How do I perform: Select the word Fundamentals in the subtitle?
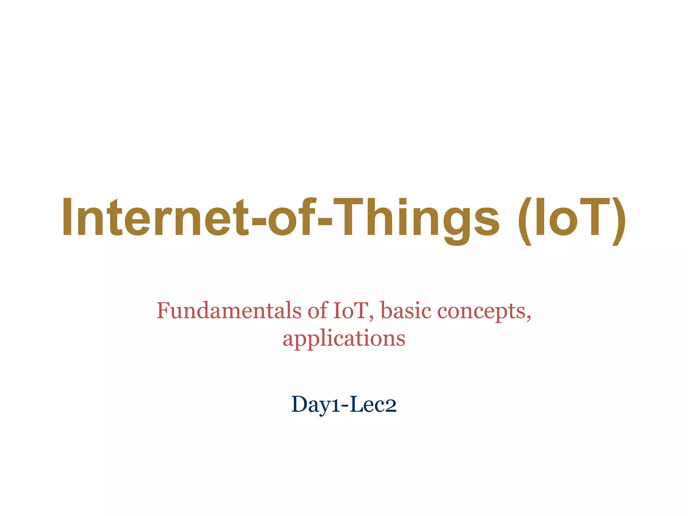(x=229, y=310)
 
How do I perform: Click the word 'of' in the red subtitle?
(x=317, y=310)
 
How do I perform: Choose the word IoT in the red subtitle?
(x=350, y=310)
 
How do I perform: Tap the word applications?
(x=344, y=339)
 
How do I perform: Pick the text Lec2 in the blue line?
(x=373, y=404)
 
